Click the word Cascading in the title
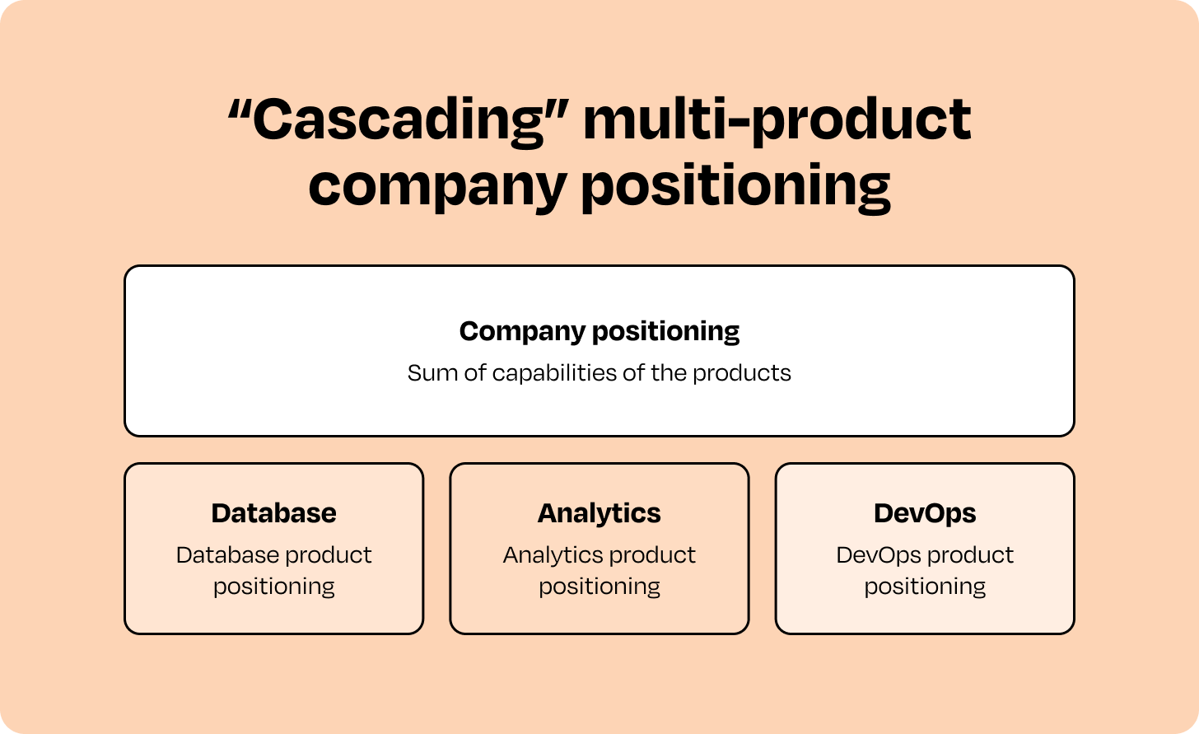(399, 121)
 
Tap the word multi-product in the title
(777, 121)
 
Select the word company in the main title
(437, 187)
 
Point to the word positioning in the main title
(736, 187)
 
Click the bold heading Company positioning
(599, 331)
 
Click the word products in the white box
(742, 374)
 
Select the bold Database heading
(274, 513)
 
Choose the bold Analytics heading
(599, 513)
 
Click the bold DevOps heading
(925, 513)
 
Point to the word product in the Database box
(328, 556)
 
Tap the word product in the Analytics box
(652, 556)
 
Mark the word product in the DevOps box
(970, 556)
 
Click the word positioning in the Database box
(274, 587)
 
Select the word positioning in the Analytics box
(599, 587)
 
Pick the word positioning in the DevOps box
(925, 587)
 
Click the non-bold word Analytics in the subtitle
(552, 556)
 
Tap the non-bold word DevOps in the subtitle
(877, 556)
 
